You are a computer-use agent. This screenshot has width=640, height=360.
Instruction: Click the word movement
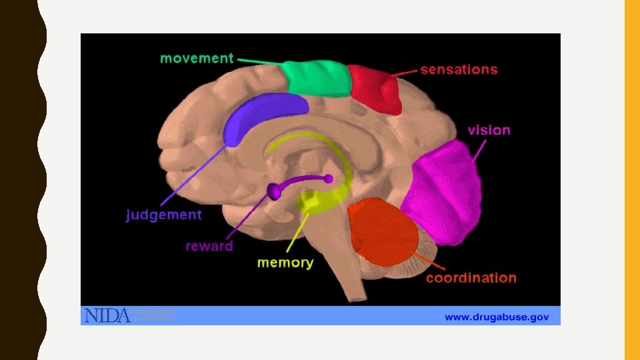(x=197, y=58)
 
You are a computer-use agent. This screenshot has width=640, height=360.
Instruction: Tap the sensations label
(x=459, y=69)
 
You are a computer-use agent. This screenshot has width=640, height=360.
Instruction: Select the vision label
(x=489, y=130)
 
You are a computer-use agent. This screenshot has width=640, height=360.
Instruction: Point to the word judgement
(x=164, y=215)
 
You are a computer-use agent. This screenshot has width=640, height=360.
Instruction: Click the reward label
(x=209, y=246)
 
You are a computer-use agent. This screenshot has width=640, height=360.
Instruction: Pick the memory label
(x=285, y=263)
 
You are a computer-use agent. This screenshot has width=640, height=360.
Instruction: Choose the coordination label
(x=471, y=277)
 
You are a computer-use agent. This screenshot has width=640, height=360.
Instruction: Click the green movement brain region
(x=316, y=79)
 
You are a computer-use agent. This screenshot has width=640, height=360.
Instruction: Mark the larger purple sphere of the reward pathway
(x=274, y=192)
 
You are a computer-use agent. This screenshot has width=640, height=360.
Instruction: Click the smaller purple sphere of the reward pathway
(x=328, y=179)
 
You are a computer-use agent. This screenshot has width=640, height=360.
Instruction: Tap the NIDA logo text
(x=106, y=315)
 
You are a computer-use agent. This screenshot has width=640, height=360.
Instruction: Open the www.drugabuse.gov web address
(x=497, y=317)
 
